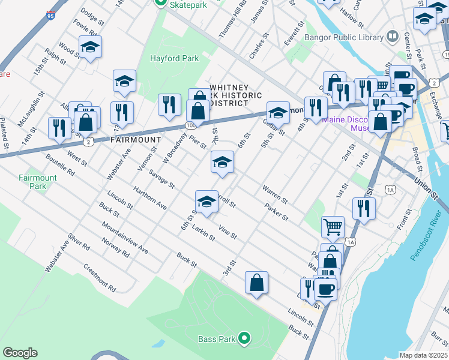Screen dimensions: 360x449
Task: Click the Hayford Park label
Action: click(174, 59)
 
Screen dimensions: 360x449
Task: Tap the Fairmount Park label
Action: click(37, 182)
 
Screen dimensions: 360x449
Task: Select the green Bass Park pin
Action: click(244, 338)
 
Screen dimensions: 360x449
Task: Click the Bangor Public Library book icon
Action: click(393, 37)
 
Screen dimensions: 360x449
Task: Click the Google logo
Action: click(20, 353)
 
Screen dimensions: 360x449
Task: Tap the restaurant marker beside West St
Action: click(59, 128)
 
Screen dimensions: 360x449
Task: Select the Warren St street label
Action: click(275, 193)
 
